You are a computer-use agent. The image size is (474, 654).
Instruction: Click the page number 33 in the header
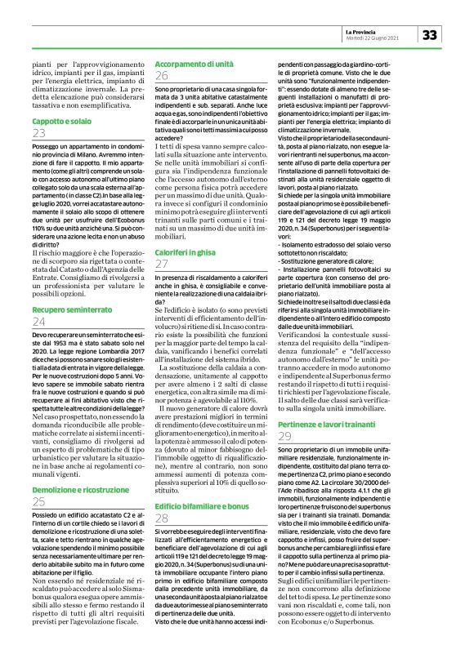431,35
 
